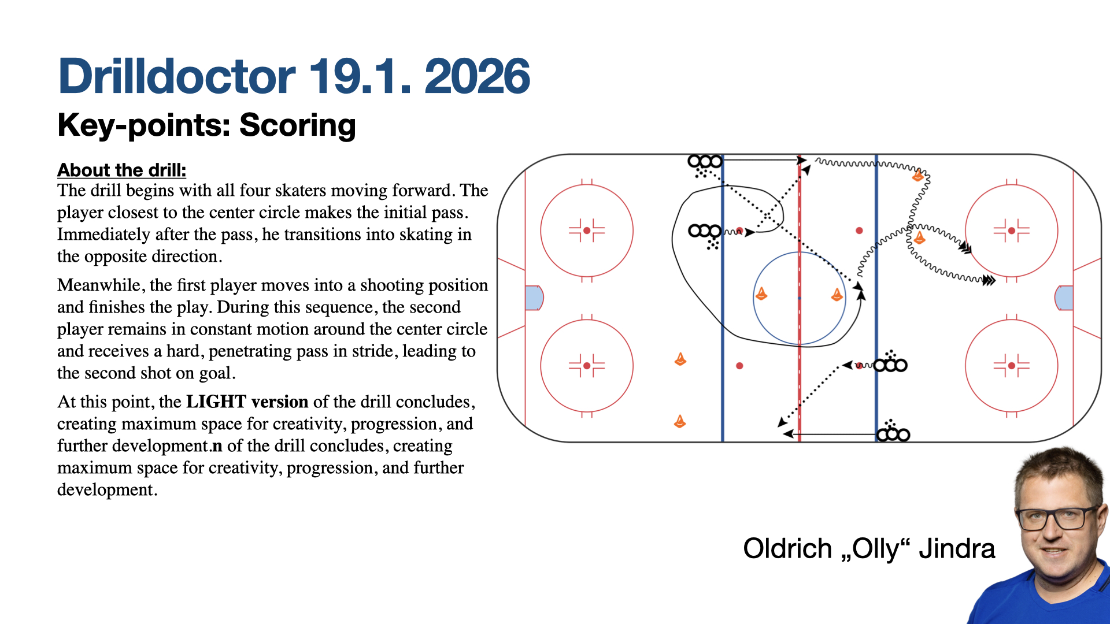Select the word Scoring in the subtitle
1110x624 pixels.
[x=297, y=125]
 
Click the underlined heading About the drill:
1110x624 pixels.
[x=122, y=170]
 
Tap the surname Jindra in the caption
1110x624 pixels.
[x=957, y=549]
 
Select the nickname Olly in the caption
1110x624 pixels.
[x=875, y=549]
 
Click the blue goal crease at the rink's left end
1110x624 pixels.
[x=534, y=298]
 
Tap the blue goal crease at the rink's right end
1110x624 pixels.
[x=1064, y=298]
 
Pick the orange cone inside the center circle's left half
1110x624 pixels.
[x=761, y=294]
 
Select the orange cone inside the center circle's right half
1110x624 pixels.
[x=837, y=295]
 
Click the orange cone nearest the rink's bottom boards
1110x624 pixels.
[x=680, y=421]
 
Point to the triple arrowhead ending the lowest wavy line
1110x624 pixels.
[x=989, y=281]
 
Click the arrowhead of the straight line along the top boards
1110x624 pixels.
[x=801, y=159]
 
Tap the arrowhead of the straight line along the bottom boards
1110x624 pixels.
[x=788, y=434]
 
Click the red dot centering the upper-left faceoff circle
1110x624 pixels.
[x=587, y=231]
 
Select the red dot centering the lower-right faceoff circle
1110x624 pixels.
[x=1011, y=366]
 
